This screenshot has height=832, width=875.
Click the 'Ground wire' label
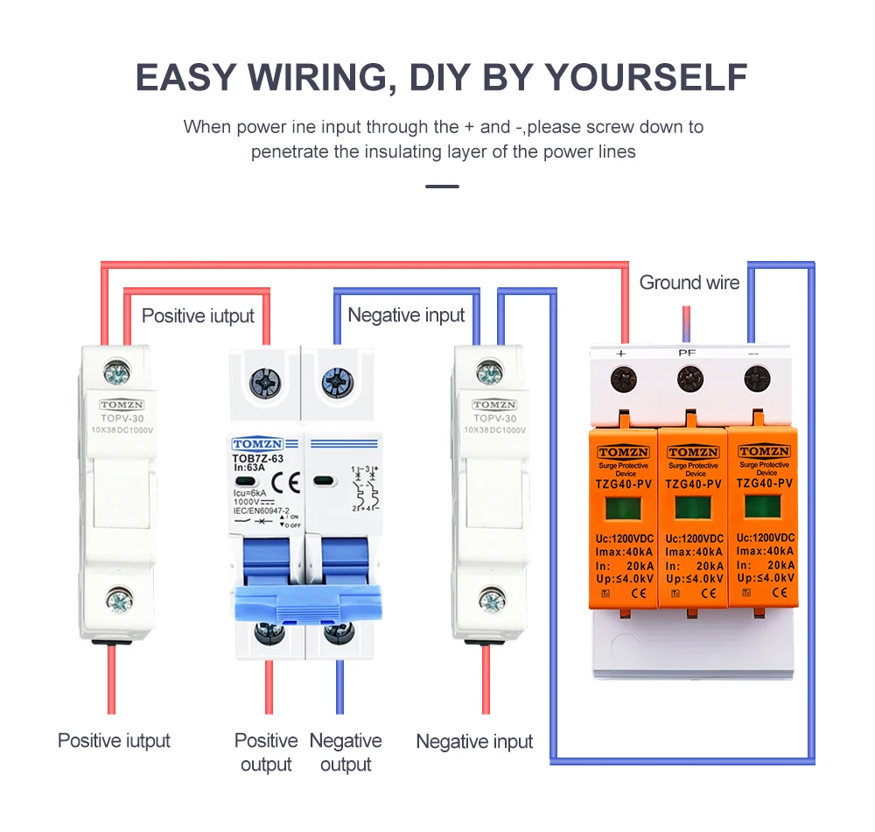click(689, 283)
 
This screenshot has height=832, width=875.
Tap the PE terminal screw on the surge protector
click(689, 379)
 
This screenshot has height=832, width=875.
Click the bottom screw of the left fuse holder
click(119, 601)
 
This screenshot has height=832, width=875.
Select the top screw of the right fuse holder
click(491, 374)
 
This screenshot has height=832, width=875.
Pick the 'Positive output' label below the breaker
click(266, 752)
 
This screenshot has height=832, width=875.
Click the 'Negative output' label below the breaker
click(346, 752)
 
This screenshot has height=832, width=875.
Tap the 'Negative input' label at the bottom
click(474, 742)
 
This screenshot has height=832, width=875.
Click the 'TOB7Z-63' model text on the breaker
click(257, 458)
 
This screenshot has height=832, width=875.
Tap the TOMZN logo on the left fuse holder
click(123, 405)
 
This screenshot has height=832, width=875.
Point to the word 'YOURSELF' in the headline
click(647, 77)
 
